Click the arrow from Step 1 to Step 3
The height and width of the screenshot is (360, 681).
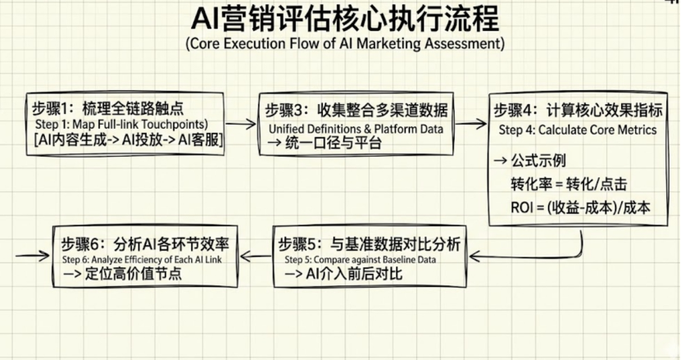click(240, 124)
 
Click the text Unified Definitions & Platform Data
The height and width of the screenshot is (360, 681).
click(356, 129)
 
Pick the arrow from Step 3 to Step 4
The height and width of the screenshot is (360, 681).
click(470, 124)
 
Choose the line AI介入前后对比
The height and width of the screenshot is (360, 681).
click(343, 275)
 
